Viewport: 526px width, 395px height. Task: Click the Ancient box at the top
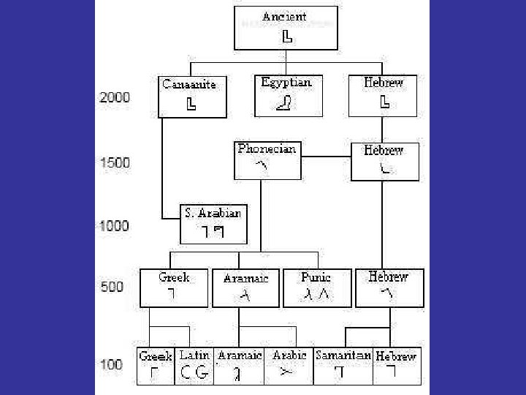tap(286, 28)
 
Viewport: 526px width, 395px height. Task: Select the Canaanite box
tap(189, 95)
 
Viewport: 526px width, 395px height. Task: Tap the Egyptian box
tap(286, 95)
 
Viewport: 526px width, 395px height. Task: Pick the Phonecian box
tap(267, 160)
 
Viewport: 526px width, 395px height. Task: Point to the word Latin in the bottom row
tap(195, 355)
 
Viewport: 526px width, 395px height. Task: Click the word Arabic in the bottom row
tap(289, 355)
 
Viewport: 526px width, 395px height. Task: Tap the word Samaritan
tap(343, 355)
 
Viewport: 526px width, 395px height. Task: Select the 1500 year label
tap(115, 162)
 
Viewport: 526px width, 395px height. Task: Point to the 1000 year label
tap(114, 225)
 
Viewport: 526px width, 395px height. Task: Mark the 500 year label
tap(112, 287)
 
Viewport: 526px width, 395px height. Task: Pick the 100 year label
tap(111, 364)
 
